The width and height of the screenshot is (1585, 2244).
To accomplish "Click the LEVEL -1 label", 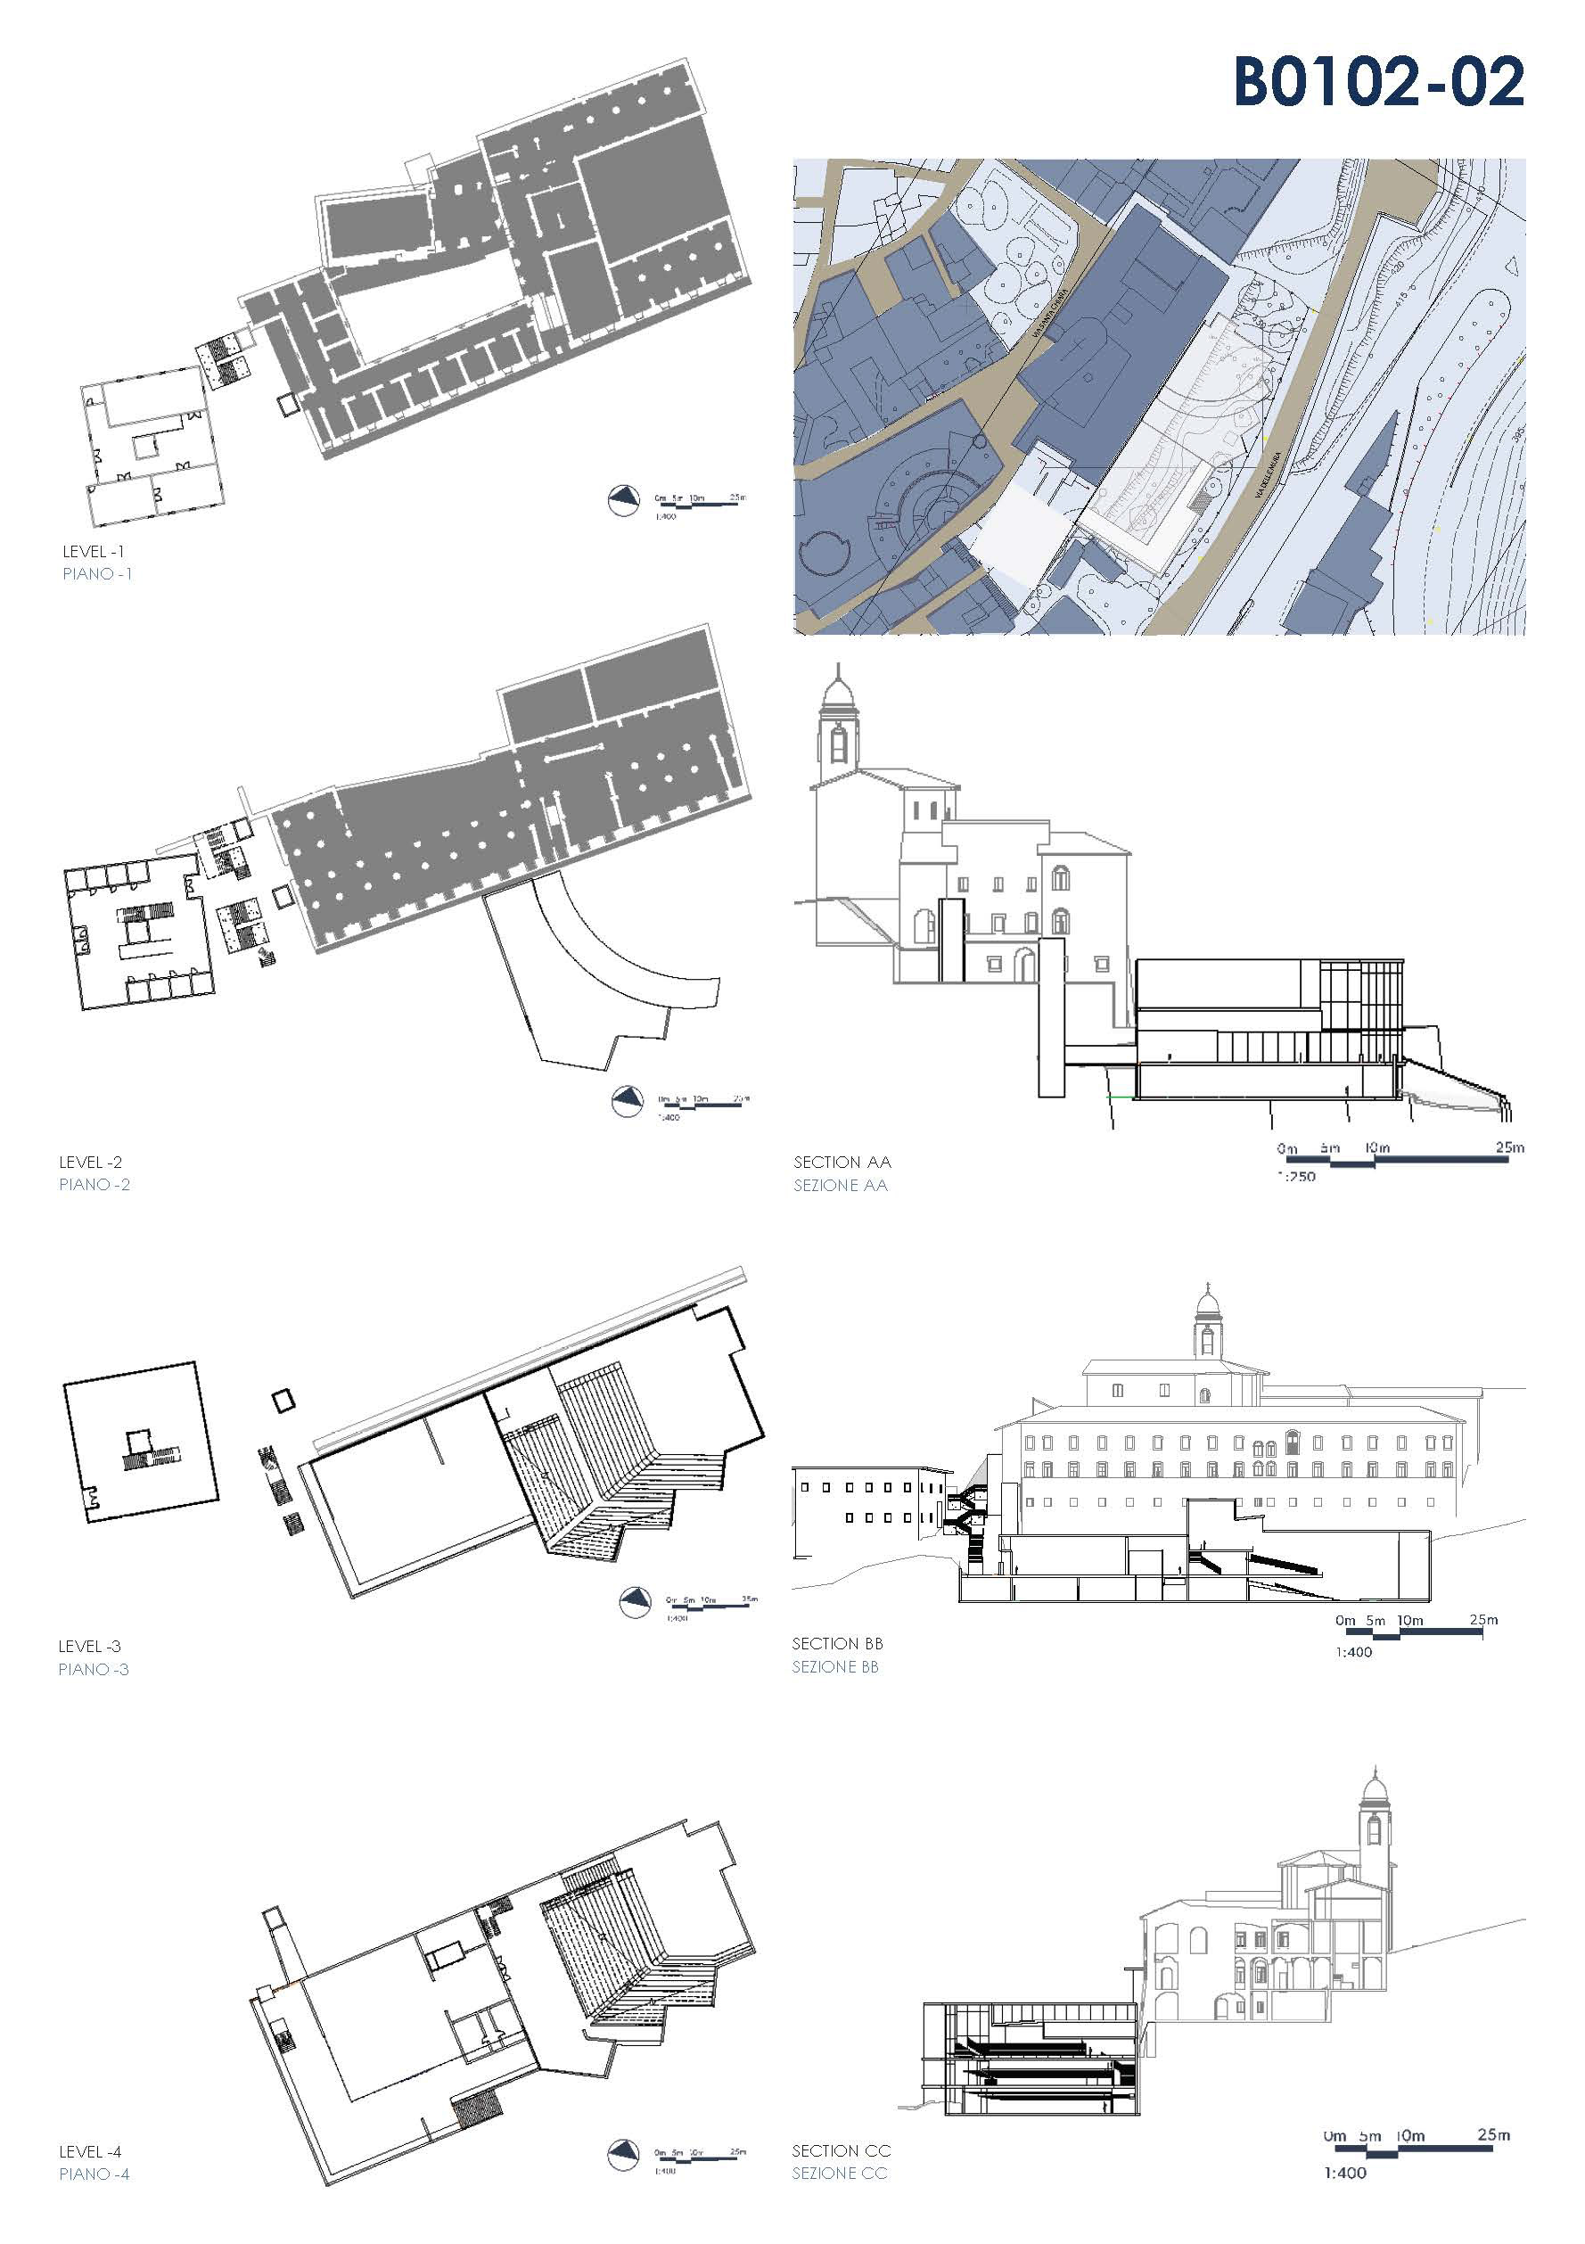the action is tap(93, 552).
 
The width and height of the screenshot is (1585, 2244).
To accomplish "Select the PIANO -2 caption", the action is tap(94, 1185).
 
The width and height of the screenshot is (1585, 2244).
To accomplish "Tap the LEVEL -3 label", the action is tap(89, 1647).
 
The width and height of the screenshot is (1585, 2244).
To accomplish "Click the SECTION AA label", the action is tap(842, 1162).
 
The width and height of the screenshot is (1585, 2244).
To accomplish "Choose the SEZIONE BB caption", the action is tap(835, 1667).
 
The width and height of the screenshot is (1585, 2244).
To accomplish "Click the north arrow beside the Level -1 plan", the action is tap(622, 500).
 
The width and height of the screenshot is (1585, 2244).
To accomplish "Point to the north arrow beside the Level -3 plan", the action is tap(636, 1603).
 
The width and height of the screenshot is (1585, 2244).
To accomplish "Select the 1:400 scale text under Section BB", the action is tap(1353, 1652).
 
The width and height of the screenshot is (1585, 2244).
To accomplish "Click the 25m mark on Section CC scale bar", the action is tap(1493, 2134).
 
